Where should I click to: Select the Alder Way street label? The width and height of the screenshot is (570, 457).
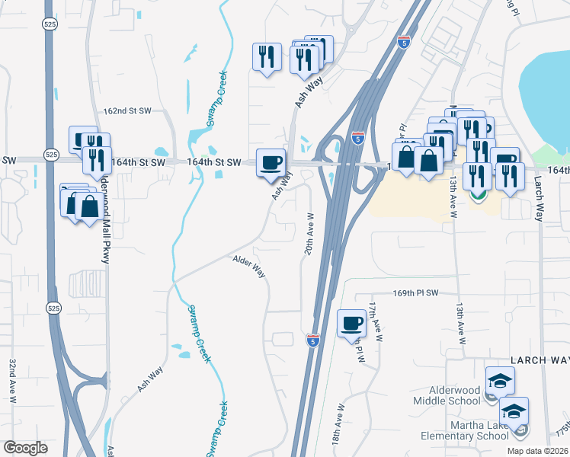tap(248, 267)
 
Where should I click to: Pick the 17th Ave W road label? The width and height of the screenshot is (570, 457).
tap(373, 319)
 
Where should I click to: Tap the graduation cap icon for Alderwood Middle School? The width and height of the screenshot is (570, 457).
tap(500, 380)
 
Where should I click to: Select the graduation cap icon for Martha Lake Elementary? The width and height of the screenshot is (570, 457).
tap(514, 411)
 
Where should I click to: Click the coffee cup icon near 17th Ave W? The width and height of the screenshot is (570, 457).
tap(351, 322)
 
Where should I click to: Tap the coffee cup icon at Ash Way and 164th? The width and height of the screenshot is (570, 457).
tap(271, 162)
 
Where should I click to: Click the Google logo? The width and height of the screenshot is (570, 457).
tap(25, 448)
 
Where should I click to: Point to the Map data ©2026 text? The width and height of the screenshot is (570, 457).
tap(537, 451)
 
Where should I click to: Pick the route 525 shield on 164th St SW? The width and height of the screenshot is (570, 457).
tap(50, 154)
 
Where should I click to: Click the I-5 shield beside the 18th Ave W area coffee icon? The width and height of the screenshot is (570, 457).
tap(313, 340)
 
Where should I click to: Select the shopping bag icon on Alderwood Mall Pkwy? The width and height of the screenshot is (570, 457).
tap(89, 206)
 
